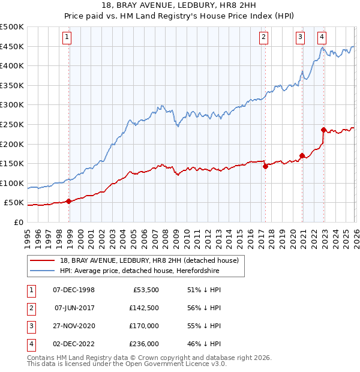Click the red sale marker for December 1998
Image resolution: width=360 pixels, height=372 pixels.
tap(69, 201)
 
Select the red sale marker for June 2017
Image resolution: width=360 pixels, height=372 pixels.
tap(265, 167)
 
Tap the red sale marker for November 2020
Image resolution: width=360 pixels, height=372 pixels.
tap(302, 155)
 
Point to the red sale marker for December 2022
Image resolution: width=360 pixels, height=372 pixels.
tap(323, 130)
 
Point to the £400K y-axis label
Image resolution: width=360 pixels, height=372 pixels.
tap(12, 66)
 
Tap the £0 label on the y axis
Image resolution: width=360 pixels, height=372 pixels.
tap(18, 222)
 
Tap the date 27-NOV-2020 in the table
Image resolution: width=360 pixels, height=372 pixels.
tap(74, 326)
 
